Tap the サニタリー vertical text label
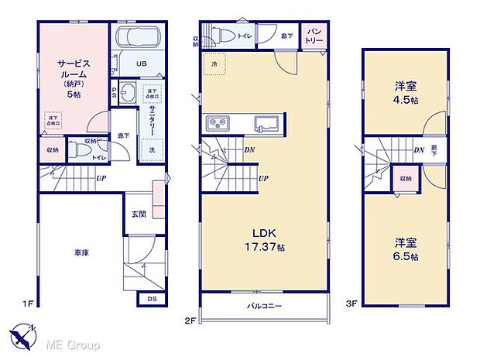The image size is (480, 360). pyautogui.click(x=153, y=121)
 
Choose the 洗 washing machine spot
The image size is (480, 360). pyautogui.click(x=153, y=149)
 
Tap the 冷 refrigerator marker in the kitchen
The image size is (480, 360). pyautogui.click(x=214, y=63)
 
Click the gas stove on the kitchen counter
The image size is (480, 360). pyautogui.click(x=216, y=125)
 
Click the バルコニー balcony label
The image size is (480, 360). pyautogui.click(x=264, y=307)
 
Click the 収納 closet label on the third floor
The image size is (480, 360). pyautogui.click(x=406, y=178)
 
